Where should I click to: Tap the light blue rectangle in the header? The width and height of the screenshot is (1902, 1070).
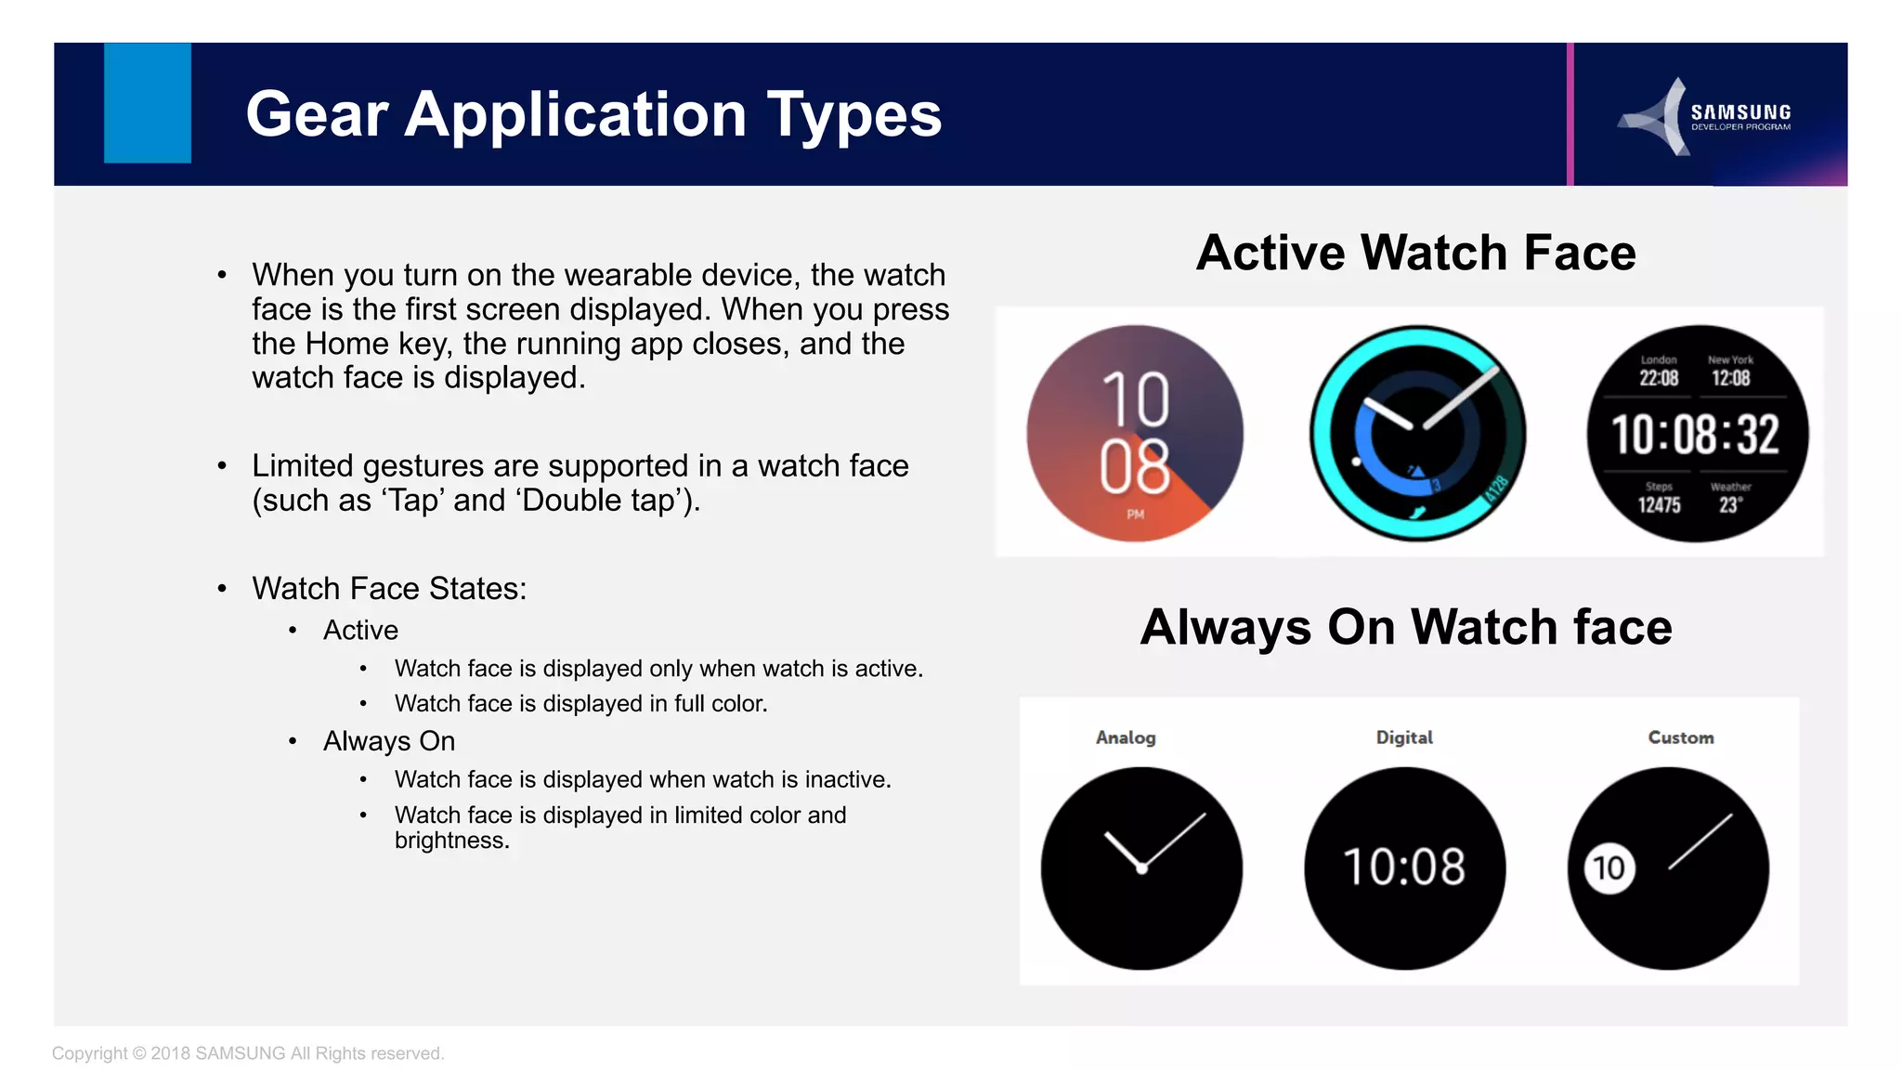148,103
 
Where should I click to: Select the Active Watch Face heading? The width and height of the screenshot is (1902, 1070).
1415,253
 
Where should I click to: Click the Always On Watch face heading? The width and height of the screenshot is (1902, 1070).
1405,627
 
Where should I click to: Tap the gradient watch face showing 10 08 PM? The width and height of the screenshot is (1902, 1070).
1135,433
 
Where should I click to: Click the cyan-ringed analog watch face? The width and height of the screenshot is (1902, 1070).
1417,433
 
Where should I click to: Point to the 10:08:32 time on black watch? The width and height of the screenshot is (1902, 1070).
1695,435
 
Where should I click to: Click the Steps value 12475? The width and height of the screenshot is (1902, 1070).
1659,505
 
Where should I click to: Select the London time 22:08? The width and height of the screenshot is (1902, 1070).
1659,378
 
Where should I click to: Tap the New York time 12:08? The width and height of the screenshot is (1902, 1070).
1730,378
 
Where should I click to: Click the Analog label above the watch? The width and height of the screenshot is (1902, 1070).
1126,737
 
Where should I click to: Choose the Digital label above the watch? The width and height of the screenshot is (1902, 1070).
1404,737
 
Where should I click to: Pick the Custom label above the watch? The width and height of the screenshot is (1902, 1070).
1680,737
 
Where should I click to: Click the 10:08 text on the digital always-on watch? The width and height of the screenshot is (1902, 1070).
1404,867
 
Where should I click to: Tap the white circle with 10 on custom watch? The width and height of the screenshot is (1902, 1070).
1609,868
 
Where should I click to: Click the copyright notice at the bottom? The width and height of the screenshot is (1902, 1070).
248,1053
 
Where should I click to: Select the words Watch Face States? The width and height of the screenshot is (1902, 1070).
389,589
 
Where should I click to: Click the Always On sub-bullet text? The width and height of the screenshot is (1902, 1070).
389,741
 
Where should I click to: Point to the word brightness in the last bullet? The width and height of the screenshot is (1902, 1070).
451,841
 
